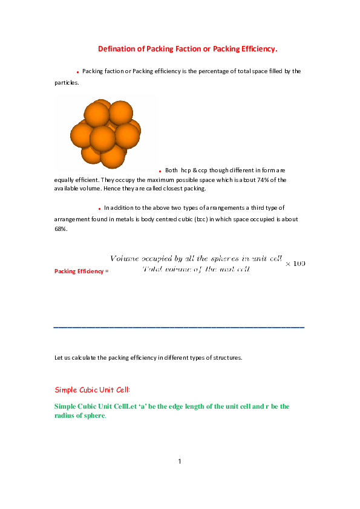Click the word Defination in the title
116,48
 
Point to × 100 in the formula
295,264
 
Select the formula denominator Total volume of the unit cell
195,269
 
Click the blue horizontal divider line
179,327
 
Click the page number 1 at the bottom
180,462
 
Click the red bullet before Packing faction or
77,72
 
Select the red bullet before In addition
99,209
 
